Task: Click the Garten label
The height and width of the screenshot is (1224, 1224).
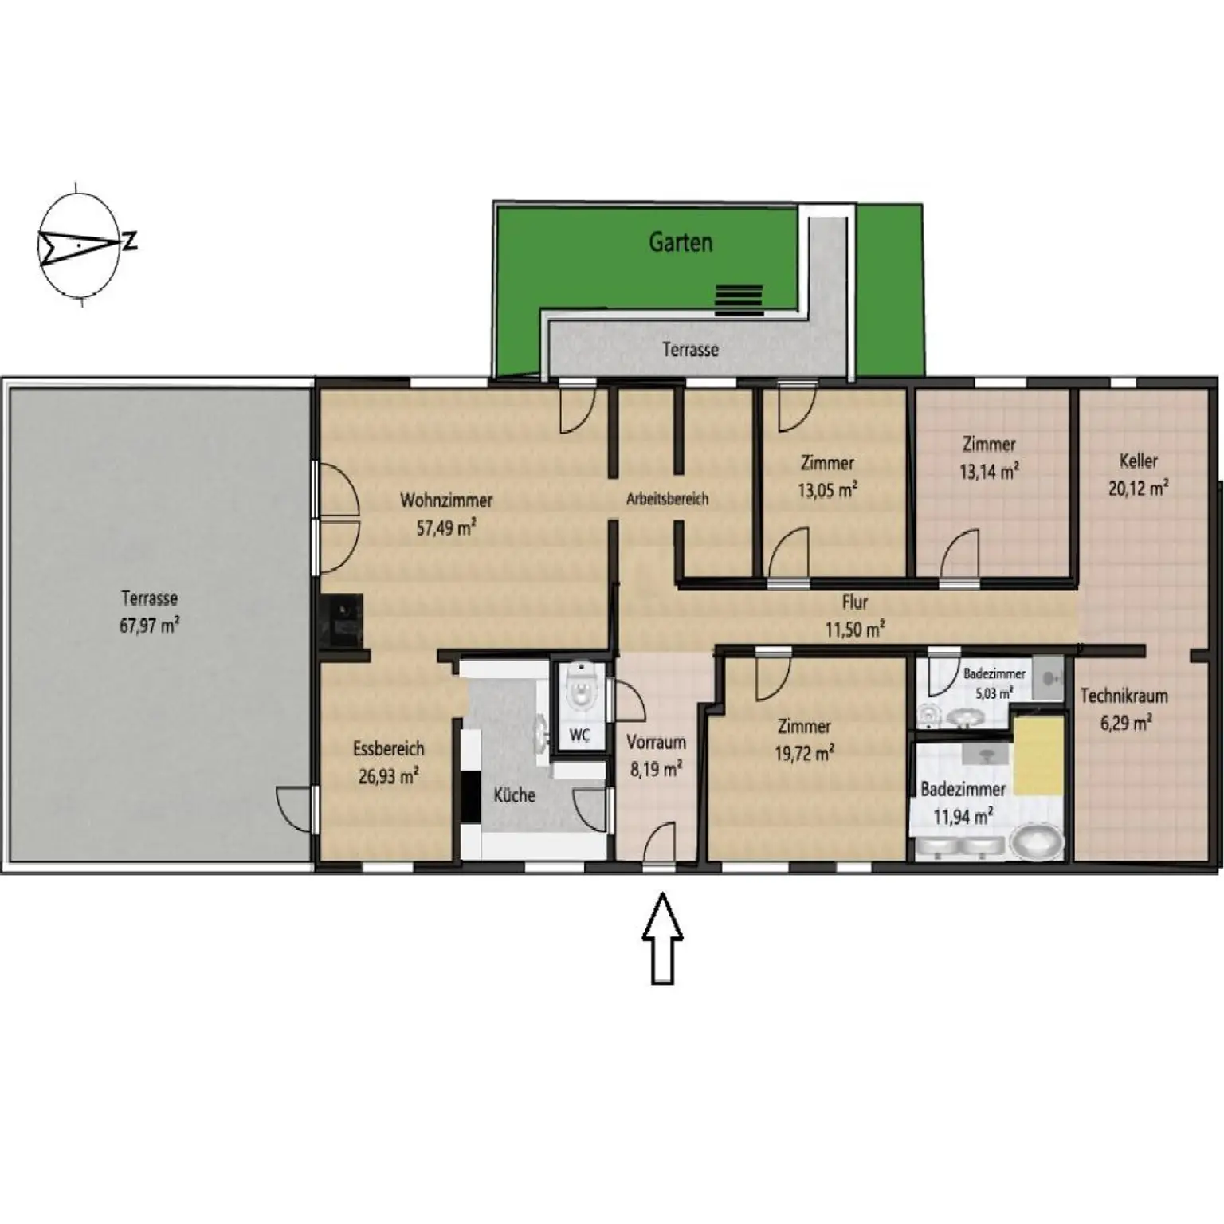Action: [681, 242]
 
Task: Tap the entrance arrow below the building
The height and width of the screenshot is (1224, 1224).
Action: [662, 939]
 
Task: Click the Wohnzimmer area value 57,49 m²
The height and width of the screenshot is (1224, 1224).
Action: [446, 527]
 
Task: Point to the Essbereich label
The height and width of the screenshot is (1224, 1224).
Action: [389, 749]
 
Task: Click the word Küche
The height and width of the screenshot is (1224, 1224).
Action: [514, 794]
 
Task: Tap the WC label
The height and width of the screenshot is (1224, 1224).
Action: [579, 735]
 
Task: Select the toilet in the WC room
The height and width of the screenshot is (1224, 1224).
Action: [580, 687]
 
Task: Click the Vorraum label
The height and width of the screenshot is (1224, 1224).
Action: [656, 743]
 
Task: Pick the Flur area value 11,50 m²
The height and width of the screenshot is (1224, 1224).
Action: [854, 630]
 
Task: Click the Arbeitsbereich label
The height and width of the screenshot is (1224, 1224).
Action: [667, 500]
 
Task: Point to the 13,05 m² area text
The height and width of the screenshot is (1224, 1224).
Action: [827, 489]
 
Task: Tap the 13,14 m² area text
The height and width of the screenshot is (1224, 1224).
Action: [989, 471]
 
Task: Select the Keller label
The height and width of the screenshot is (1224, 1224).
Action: [1138, 461]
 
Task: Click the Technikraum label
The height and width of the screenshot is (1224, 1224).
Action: [1124, 696]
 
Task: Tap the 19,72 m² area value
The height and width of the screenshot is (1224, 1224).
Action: [805, 753]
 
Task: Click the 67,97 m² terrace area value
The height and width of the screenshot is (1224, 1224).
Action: [149, 625]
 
